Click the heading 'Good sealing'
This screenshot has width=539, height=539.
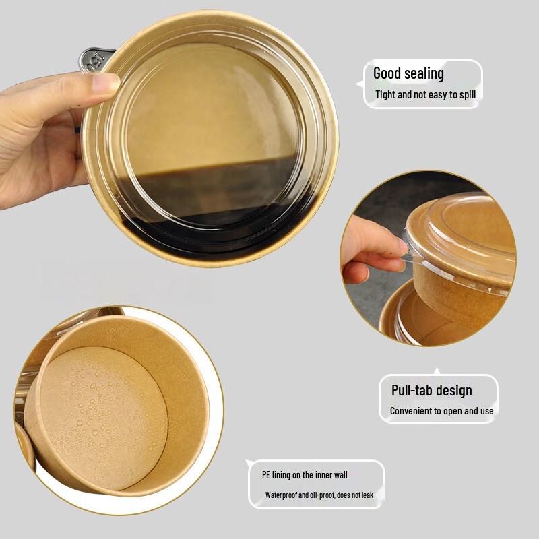[x=408, y=73]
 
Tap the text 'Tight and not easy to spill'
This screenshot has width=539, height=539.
[x=425, y=94]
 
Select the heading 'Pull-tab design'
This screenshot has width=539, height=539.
[x=431, y=390]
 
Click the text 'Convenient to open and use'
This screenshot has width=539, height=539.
[x=441, y=411]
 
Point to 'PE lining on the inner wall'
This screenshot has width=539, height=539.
[x=305, y=474]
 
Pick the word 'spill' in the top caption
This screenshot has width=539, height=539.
[x=466, y=94]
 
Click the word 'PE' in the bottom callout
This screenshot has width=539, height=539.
[x=267, y=474]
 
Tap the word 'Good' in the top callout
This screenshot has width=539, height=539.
[x=387, y=73]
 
